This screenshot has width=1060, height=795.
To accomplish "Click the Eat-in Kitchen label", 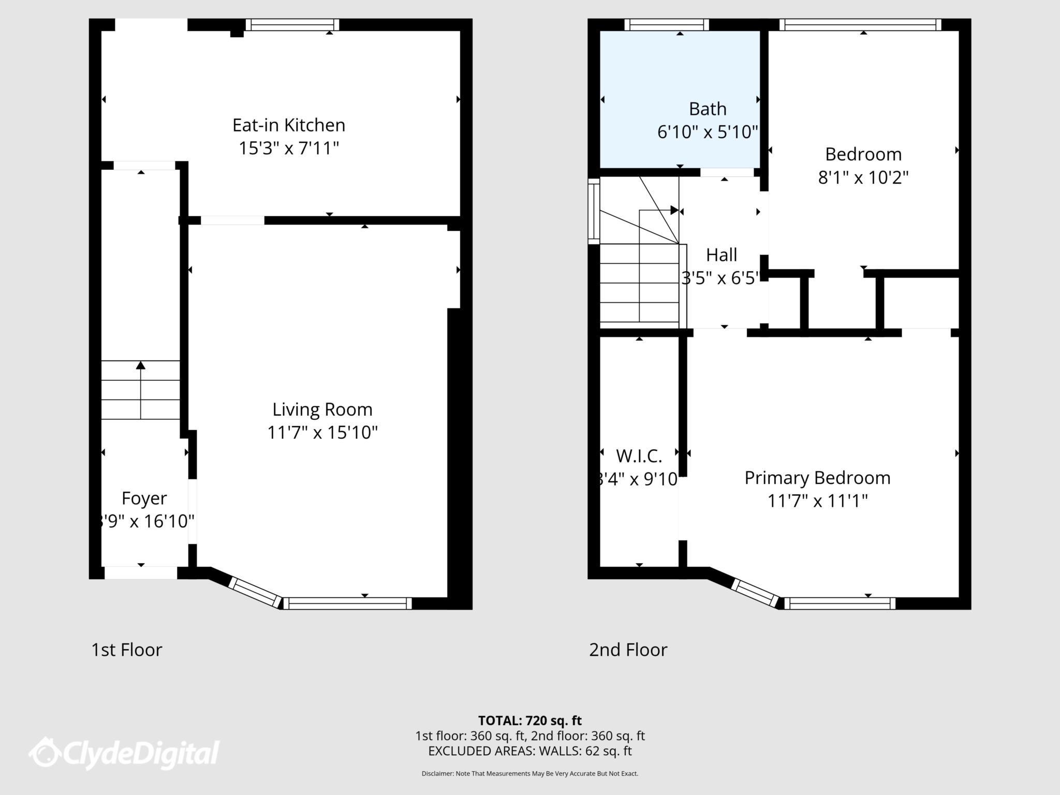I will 288,125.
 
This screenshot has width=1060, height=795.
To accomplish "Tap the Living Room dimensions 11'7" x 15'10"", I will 322,433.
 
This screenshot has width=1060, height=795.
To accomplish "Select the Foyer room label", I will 144,498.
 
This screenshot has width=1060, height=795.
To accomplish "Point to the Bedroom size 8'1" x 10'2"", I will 863,178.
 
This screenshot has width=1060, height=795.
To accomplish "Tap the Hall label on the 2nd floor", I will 722,255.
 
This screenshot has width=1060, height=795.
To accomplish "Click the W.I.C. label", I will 639,457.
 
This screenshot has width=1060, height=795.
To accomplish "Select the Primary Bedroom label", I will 817,478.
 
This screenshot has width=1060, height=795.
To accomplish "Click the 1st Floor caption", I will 127,650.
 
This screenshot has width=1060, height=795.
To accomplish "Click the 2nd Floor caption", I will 628,650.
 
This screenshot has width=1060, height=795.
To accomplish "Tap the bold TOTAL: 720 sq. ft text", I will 529,720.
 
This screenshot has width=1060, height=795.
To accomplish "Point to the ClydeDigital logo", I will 124,753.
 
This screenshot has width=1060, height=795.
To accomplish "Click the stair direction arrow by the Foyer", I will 140,366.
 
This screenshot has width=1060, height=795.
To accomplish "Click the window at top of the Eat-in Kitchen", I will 292,25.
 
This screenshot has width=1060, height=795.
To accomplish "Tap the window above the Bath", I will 666,25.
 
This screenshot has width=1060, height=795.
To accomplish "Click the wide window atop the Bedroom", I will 860,25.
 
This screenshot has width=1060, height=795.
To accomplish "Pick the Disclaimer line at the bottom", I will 529,774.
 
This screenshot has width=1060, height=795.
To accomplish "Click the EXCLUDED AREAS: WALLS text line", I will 529,751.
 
